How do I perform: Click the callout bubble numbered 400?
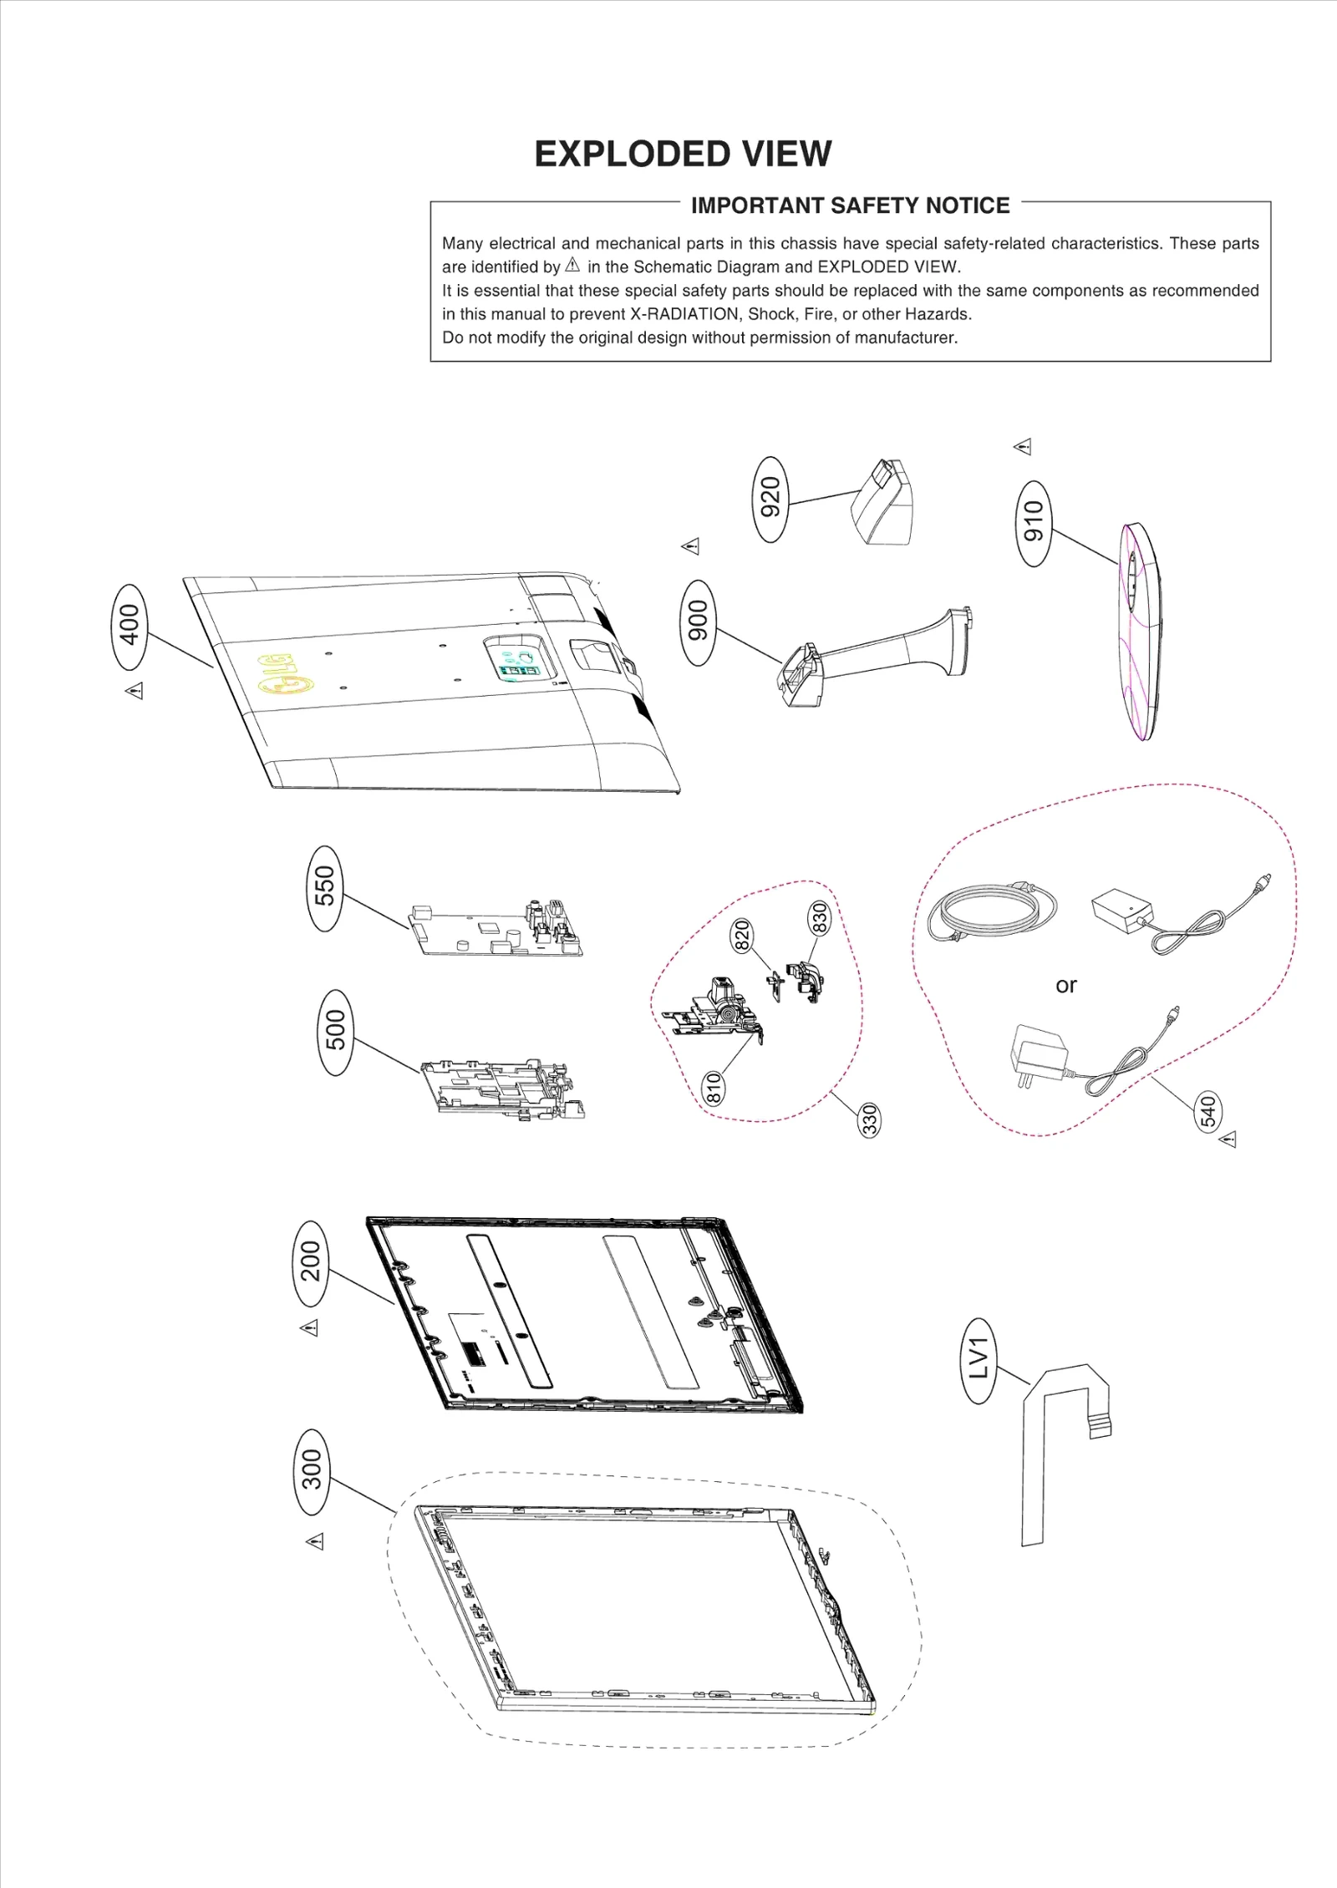(129, 626)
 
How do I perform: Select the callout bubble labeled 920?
(770, 499)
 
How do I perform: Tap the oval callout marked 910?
(1034, 523)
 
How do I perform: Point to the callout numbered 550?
(324, 887)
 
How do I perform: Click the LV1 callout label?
(979, 1359)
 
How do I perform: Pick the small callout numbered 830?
(819, 918)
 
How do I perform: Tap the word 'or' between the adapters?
(1065, 985)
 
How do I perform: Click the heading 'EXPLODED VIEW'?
(683, 155)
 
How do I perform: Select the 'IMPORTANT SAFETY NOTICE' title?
(850, 206)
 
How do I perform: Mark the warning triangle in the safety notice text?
(572, 266)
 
